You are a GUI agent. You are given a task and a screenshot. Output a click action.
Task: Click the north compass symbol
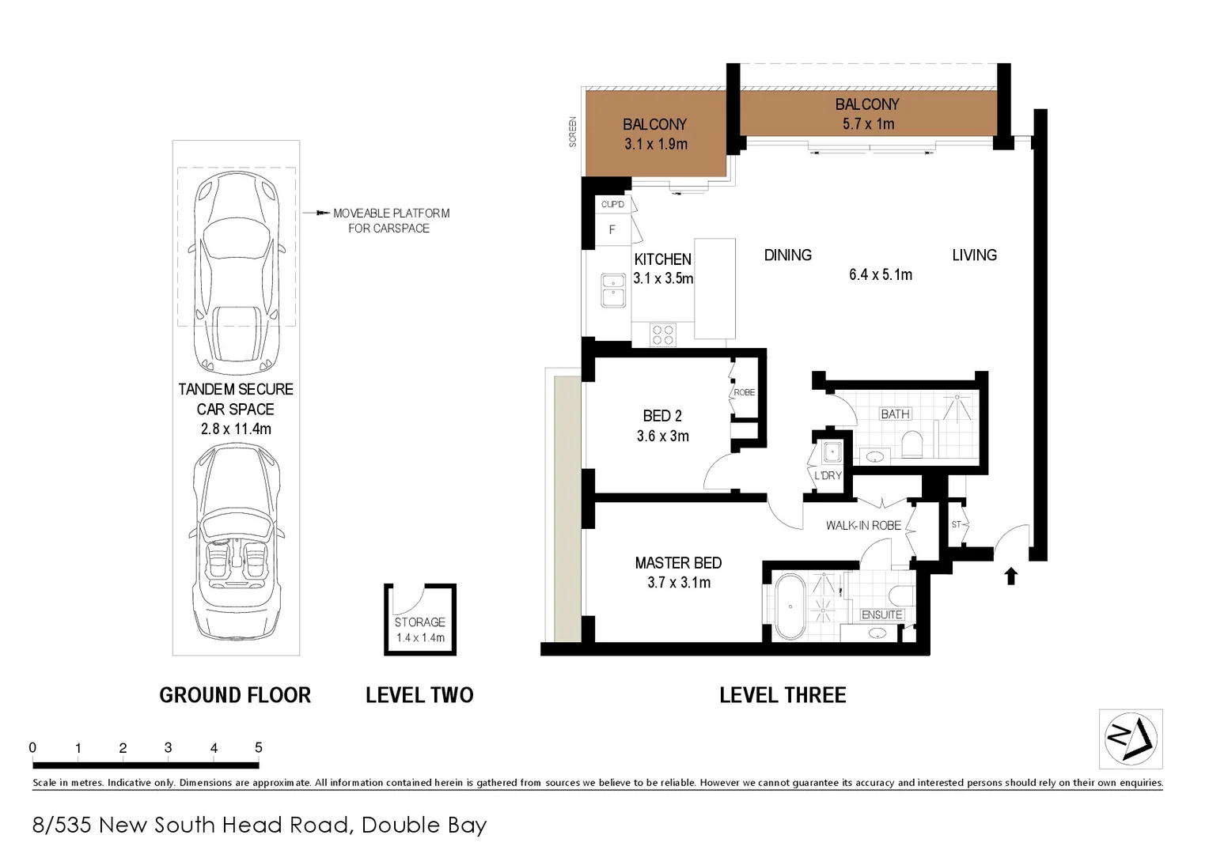click(1131, 739)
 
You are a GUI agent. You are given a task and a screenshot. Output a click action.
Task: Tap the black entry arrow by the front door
click(1010, 576)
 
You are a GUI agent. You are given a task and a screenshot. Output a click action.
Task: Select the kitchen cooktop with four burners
click(663, 335)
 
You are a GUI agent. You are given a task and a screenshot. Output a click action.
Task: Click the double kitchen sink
click(613, 289)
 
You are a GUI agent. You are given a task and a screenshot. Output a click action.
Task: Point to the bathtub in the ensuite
click(789, 607)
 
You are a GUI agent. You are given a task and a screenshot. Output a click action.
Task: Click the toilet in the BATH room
click(912, 444)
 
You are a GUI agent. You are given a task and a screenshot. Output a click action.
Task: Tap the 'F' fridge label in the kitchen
click(612, 230)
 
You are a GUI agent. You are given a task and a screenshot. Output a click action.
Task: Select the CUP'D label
click(612, 204)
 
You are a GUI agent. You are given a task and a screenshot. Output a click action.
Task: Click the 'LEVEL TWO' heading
click(419, 695)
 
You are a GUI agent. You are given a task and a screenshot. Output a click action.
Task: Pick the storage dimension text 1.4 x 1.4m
click(420, 637)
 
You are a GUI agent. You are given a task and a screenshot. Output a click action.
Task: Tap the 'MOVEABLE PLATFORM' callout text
click(391, 213)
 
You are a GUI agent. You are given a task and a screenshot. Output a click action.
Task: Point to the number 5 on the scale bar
click(259, 747)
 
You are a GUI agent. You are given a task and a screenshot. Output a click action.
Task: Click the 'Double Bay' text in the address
click(423, 825)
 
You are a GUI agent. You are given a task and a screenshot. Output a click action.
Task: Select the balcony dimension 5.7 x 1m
click(868, 124)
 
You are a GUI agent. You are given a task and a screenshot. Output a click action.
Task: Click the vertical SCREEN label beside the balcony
click(573, 132)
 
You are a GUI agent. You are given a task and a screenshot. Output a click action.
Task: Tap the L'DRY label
click(828, 475)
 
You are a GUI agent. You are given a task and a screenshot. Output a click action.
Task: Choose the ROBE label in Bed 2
click(744, 392)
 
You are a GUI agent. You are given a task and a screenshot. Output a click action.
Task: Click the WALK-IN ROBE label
click(863, 525)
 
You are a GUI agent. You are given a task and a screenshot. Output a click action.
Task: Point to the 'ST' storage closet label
click(956, 524)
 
